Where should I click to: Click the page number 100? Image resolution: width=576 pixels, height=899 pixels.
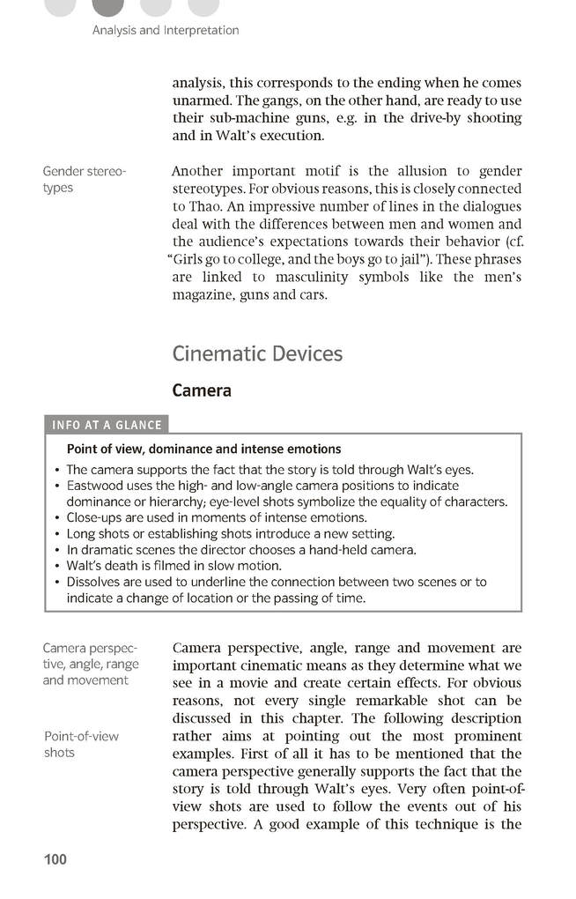pos(55,859)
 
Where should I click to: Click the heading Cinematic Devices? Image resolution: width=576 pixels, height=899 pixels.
pos(257,353)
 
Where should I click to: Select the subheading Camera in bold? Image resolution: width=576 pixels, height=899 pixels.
pos(202,390)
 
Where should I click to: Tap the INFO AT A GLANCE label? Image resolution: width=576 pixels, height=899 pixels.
pos(107,425)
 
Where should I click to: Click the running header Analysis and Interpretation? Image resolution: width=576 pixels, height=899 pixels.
pos(166,30)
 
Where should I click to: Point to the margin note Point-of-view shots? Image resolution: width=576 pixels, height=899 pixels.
pos(81,744)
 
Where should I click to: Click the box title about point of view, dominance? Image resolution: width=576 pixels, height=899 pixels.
pos(203,449)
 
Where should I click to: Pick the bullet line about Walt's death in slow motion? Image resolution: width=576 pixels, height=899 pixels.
pos(174,566)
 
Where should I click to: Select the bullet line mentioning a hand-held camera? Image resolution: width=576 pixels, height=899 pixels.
pos(240,550)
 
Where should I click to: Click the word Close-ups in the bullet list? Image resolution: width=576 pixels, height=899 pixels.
pos(97,517)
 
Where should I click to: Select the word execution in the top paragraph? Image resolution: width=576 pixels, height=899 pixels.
pos(291,136)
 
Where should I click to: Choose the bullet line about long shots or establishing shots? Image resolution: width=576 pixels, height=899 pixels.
pos(230,533)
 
